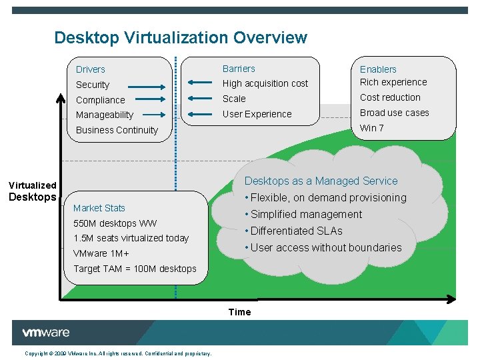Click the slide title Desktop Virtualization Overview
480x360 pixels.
[x=181, y=38]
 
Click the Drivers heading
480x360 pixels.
[x=91, y=69]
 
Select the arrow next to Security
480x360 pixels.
[x=147, y=86]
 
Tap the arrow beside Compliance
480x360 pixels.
[x=147, y=101]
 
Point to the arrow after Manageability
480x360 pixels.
[x=147, y=115]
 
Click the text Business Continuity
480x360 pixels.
[x=117, y=130]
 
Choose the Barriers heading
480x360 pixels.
[x=239, y=69]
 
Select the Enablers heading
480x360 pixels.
[x=378, y=69]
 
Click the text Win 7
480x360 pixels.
[x=372, y=128]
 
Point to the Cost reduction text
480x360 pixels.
[x=390, y=97]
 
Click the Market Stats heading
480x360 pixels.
[x=99, y=208]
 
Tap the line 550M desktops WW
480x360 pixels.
[x=115, y=223]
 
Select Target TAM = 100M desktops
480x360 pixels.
[x=135, y=269]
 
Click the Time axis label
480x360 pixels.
[x=239, y=312]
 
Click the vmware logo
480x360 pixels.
[x=45, y=333]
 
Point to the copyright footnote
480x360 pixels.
[x=118, y=353]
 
